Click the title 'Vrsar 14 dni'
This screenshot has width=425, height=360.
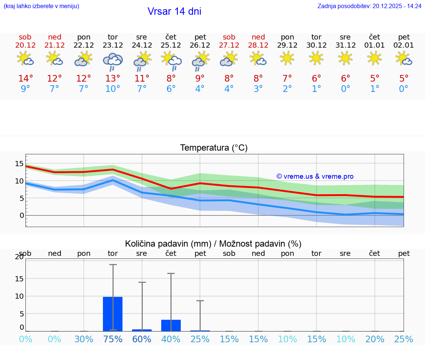tap(174, 11)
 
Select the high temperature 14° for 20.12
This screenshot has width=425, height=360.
tap(25, 79)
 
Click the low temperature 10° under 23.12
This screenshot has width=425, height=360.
tap(113, 89)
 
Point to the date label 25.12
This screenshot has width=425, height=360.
tap(171, 45)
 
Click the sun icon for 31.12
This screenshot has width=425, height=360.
tap(345, 58)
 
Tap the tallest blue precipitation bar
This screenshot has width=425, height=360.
tap(113, 314)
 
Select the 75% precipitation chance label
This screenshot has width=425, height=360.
tap(113, 339)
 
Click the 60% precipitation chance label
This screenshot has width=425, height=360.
tap(142, 339)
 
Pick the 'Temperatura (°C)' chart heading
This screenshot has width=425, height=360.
tap(214, 148)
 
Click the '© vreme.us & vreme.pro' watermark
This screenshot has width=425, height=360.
tap(315, 176)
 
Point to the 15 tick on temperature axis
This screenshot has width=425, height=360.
tap(19, 164)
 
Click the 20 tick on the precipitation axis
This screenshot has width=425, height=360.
tap(19, 257)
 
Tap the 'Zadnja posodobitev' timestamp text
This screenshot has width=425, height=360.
tap(369, 6)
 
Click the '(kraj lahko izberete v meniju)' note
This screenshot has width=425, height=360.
tap(41, 6)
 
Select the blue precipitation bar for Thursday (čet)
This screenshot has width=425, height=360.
tap(171, 325)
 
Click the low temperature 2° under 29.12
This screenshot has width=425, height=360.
tap(287, 89)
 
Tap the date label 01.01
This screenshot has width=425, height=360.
tap(374, 45)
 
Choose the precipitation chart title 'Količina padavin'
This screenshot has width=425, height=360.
tap(213, 244)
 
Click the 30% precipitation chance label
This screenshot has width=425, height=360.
tap(84, 339)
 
